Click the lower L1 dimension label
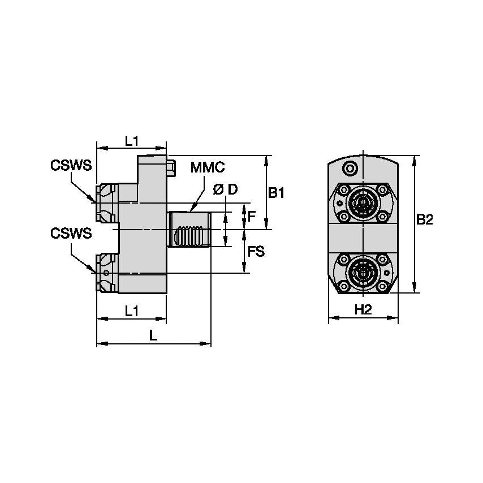point(132,310)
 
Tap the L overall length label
point(153,335)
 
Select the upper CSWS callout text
point(71,165)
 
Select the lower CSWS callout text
point(71,234)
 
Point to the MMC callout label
point(208,167)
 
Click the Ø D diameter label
point(225,190)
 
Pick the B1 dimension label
point(276,193)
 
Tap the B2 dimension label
point(424,220)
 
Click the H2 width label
point(363,309)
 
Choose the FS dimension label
point(256,251)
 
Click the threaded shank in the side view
point(189,230)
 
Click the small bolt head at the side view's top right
point(171,168)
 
